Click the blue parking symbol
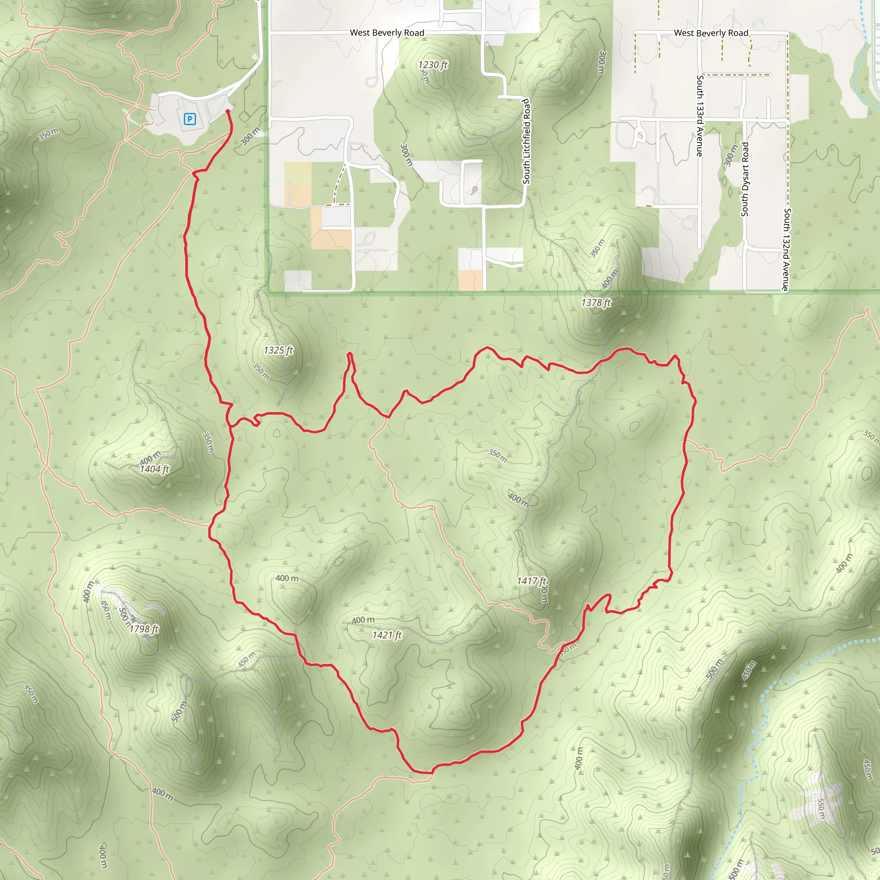tap(189, 119)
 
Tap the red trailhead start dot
tap(228, 111)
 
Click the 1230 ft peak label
tap(433, 65)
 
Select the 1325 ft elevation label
tap(278, 350)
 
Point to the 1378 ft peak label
tap(596, 302)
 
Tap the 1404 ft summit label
tap(154, 469)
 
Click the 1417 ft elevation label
tap(531, 581)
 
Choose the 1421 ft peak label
tap(387, 635)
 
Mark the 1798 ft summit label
tap(144, 629)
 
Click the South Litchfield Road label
tap(526, 142)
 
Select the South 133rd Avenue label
tap(700, 116)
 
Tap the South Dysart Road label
tap(745, 179)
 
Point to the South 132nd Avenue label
tap(787, 250)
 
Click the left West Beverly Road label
tap(387, 33)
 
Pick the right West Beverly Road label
tap(711, 33)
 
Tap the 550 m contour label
tap(820, 809)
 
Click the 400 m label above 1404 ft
tap(150, 457)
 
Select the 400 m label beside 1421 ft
tap(363, 620)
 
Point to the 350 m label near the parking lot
tap(48, 134)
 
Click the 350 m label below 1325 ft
tap(260, 371)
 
